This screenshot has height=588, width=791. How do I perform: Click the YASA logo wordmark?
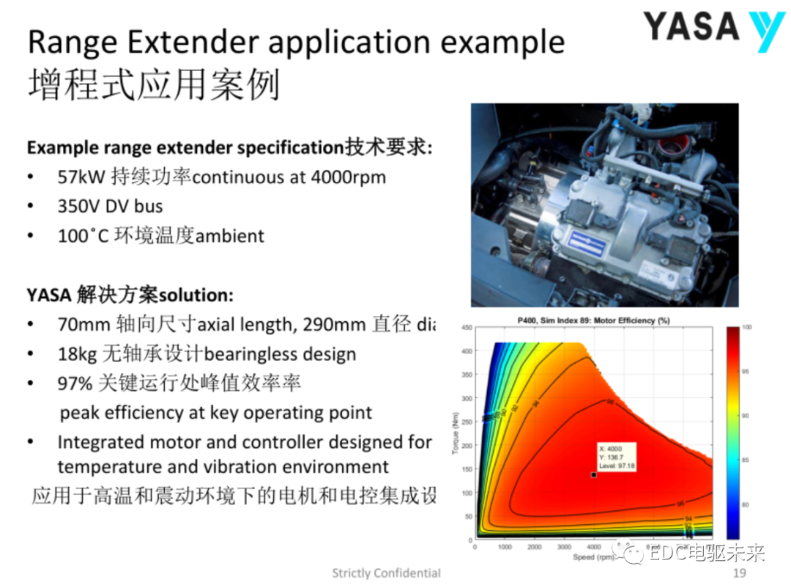[x=691, y=28]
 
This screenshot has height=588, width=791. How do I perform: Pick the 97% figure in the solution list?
[x=73, y=383]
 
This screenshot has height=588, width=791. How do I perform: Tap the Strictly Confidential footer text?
[x=386, y=573]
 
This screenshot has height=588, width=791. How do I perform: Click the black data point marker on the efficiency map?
[x=593, y=475]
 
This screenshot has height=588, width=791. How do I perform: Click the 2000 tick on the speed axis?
[x=534, y=547]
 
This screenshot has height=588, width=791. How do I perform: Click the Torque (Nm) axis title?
[x=455, y=433]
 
